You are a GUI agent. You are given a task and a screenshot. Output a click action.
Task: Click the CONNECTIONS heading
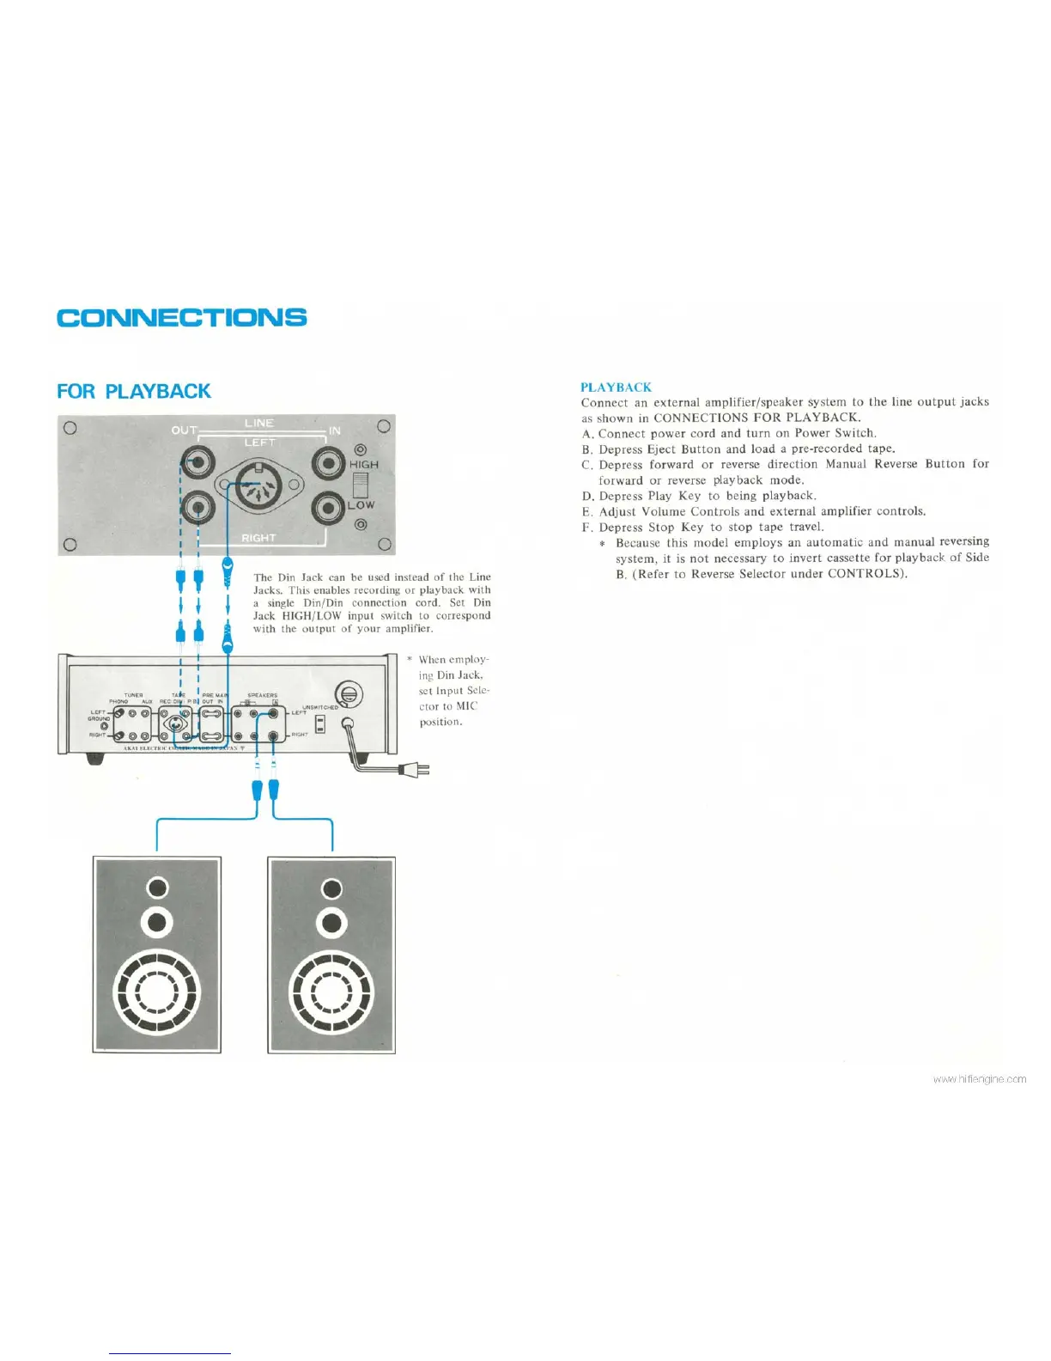[182, 317]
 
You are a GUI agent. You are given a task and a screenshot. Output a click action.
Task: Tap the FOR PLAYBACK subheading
[133, 391]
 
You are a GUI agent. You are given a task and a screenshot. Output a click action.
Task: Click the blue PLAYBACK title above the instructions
[616, 388]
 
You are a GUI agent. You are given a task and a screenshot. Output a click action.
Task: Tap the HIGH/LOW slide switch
[361, 485]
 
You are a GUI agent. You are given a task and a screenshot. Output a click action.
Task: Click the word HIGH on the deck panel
[363, 465]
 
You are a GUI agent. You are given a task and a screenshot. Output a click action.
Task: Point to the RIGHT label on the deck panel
[258, 538]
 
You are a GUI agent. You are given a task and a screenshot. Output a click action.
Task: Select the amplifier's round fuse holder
[348, 694]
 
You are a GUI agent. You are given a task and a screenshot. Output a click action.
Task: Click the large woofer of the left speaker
[157, 992]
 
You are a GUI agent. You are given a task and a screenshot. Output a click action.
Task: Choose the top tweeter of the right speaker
[331, 888]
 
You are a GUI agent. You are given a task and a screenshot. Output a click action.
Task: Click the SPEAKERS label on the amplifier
[262, 695]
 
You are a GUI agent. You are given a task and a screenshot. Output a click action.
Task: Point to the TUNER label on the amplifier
[133, 695]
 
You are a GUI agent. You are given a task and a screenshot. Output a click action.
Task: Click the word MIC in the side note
[466, 706]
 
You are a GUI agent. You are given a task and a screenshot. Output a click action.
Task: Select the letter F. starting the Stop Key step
[587, 528]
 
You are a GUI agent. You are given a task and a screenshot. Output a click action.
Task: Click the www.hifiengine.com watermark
[979, 1079]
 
